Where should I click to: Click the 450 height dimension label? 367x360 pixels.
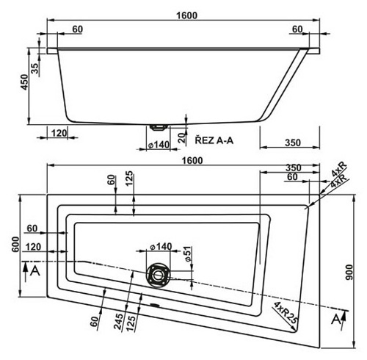(x=25, y=82)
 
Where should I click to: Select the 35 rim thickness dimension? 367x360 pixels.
(x=35, y=68)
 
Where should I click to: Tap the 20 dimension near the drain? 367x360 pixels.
(x=182, y=138)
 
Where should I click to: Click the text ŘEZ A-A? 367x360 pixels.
(x=214, y=140)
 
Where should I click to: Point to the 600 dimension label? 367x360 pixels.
(x=15, y=244)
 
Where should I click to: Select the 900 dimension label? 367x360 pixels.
(x=349, y=272)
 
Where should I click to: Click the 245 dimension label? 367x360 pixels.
(x=118, y=323)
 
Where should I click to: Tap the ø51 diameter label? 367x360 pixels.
(x=187, y=253)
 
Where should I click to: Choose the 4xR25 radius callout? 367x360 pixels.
(x=286, y=313)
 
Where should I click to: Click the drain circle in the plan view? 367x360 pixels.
(x=158, y=276)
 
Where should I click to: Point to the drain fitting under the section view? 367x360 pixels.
(x=159, y=127)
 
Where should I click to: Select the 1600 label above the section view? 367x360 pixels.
(x=186, y=15)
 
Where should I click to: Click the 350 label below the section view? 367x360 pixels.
(x=293, y=143)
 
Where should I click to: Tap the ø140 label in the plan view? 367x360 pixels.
(x=161, y=247)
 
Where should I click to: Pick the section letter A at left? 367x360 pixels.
(x=34, y=271)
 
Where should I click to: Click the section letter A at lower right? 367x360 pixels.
(x=336, y=319)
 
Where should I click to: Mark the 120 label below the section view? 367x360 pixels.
(x=59, y=133)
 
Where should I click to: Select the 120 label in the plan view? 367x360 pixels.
(x=33, y=247)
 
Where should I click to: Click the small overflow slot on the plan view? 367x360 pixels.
(x=154, y=305)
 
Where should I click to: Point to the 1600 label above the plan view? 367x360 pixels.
(x=192, y=161)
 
